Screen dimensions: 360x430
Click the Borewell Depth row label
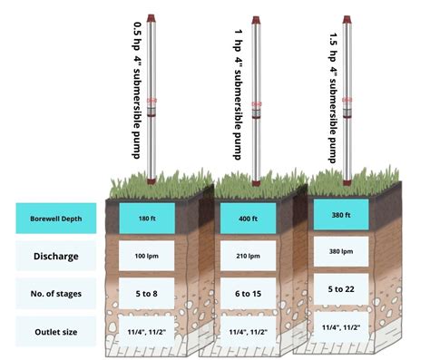[x=56, y=218]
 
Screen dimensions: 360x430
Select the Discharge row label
[x=56, y=256]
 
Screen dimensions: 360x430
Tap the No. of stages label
[x=56, y=294]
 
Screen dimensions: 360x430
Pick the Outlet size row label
[x=56, y=332]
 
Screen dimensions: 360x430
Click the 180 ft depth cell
[x=147, y=219]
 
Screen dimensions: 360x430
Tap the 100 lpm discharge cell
[x=147, y=257]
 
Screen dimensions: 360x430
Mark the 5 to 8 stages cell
[x=147, y=294]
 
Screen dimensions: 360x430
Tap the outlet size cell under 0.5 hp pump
[x=147, y=332]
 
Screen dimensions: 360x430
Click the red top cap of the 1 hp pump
[x=257, y=20]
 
